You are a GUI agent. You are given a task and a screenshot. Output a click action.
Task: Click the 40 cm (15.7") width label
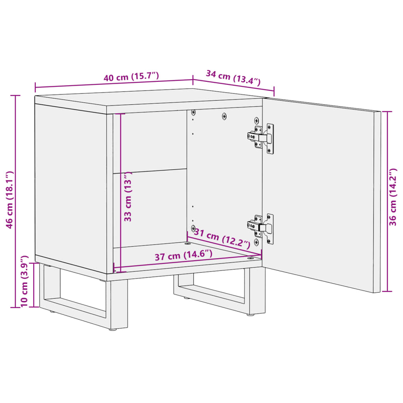click(x=131, y=76)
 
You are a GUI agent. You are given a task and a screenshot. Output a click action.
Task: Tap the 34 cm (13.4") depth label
click(x=233, y=77)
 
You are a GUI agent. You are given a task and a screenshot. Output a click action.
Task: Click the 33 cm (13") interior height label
click(x=128, y=197)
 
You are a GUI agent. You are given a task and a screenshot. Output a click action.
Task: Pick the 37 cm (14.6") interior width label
click(x=183, y=255)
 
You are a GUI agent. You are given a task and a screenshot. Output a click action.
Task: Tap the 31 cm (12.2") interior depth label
click(x=222, y=238)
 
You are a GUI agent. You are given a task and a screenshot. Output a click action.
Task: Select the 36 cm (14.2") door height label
click(x=392, y=197)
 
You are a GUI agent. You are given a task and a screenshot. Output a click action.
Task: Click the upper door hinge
click(x=261, y=138)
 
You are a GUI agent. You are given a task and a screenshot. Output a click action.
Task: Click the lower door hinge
click(x=261, y=227)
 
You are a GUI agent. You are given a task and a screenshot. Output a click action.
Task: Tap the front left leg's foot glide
click(x=113, y=329)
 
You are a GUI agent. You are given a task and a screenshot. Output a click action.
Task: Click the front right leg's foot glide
click(x=251, y=314)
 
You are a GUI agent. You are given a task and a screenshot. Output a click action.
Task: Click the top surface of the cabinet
click(x=150, y=98)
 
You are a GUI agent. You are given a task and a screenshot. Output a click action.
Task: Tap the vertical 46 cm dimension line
click(x=16, y=157)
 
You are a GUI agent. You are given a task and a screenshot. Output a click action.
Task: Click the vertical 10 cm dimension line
click(x=34, y=285)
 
